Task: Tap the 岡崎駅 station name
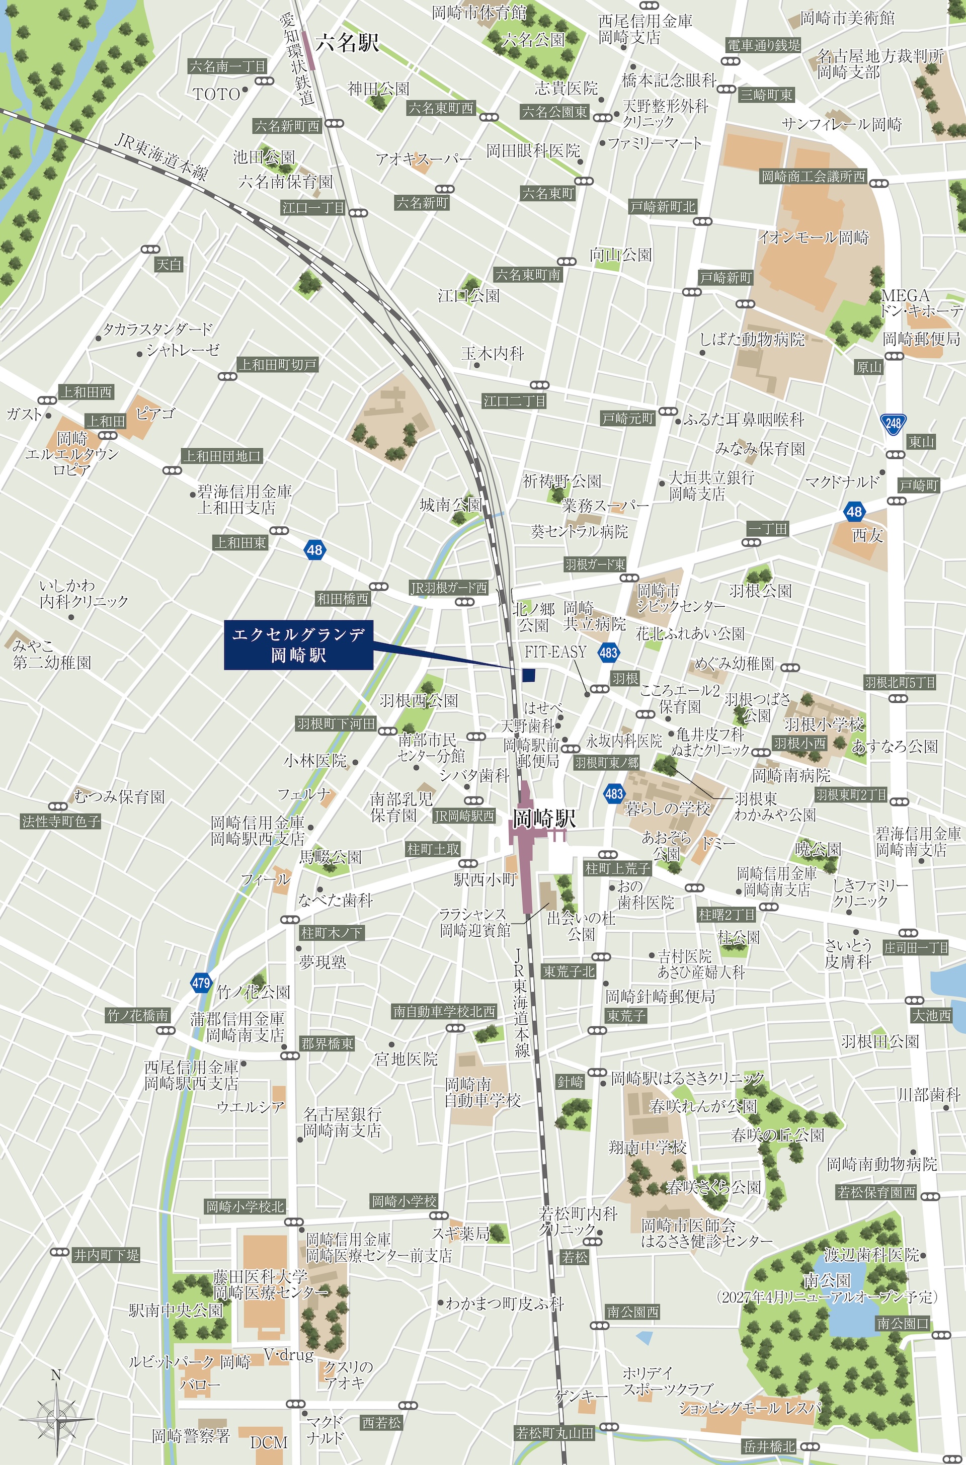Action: tap(544, 819)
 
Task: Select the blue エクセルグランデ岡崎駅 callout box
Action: tap(299, 645)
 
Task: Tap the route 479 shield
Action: tap(201, 983)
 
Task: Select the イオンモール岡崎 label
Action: tap(813, 237)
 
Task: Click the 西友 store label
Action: tap(867, 535)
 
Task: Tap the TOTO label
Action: tap(216, 94)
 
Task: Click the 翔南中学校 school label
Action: tap(648, 1147)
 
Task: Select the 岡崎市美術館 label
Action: tap(847, 19)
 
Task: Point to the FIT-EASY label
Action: tap(555, 652)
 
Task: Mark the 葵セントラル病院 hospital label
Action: tap(579, 531)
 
